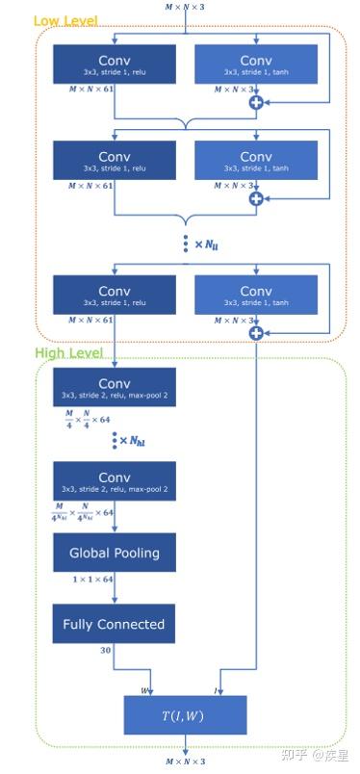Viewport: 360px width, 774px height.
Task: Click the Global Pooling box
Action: click(115, 553)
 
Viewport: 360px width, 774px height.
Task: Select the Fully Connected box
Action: click(115, 624)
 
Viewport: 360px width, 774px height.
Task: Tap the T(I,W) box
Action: click(185, 714)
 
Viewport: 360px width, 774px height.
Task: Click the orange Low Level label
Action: click(64, 20)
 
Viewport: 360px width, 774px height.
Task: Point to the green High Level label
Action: click(69, 353)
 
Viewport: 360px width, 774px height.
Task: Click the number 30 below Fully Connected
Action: click(104, 652)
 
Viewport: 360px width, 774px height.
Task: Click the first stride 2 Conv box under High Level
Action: click(115, 388)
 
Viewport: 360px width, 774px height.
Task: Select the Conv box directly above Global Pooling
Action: click(115, 481)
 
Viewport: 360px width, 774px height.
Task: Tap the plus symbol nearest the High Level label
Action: click(256, 333)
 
